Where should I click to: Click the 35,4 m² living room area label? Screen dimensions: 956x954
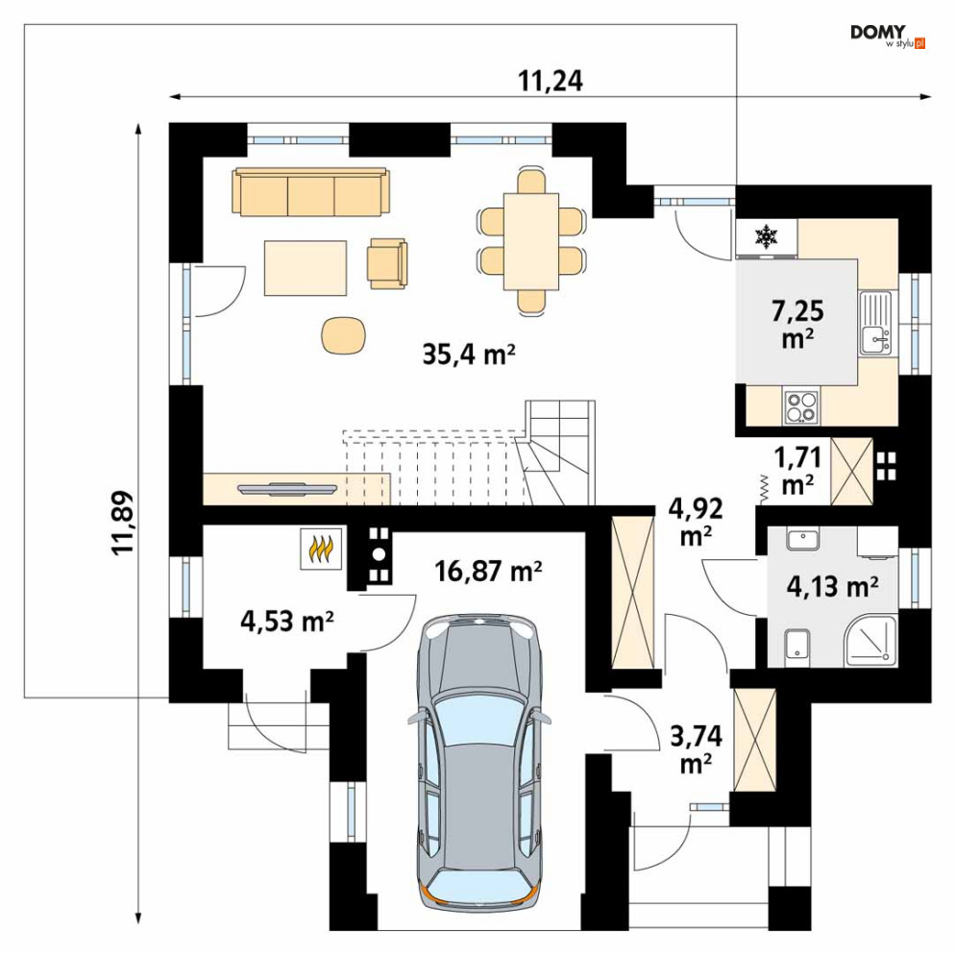pos(469,354)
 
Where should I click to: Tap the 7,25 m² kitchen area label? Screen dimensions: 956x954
pos(797,325)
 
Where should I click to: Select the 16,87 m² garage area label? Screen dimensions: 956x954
pos(488,572)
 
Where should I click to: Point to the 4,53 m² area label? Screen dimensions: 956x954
pos(286,622)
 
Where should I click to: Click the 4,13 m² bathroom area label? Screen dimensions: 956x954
pos(832,586)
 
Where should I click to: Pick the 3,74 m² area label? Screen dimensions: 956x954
pos(696,749)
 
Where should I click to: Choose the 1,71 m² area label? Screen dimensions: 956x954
pos(797,471)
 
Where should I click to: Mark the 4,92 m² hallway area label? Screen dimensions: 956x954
pos(696,522)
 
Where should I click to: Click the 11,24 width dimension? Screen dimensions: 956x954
pos(550,81)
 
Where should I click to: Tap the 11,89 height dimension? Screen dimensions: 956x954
pos(123,523)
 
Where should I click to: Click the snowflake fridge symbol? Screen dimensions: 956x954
pos(766,237)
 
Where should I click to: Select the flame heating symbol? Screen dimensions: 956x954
pos(321,549)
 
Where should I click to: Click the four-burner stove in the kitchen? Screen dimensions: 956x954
pos(800,406)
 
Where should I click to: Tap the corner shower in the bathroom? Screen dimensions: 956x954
pos(871,641)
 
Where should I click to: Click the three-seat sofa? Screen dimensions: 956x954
pos(311,192)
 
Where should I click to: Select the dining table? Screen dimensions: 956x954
pos(531,241)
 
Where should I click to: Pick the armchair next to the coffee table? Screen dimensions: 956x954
pos(387,263)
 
